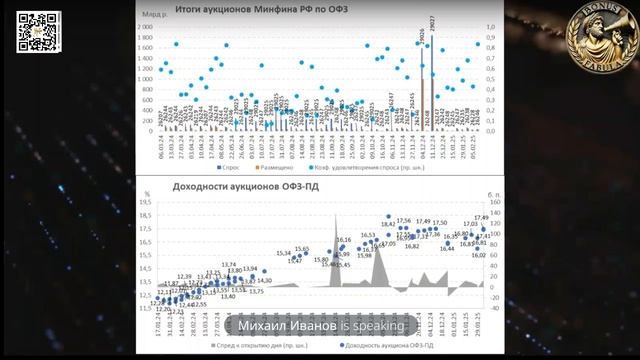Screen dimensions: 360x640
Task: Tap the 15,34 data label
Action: pyautogui.click(x=283, y=253)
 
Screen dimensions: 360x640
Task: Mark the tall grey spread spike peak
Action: pyautogui.click(x=334, y=213)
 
